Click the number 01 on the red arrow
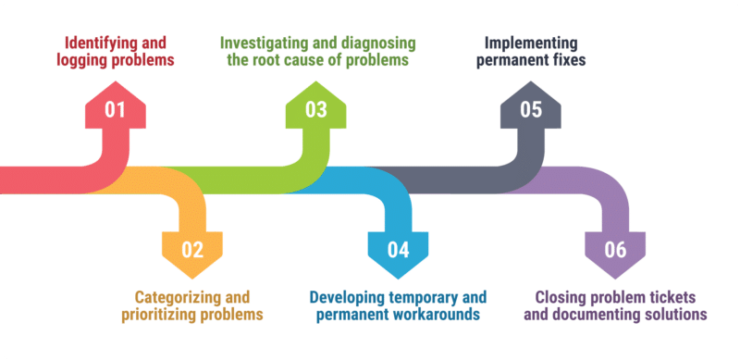tap(115, 110)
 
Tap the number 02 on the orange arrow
tap(191, 249)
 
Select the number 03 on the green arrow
tap(316, 110)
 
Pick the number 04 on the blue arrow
tap(398, 249)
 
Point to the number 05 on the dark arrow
tap(531, 110)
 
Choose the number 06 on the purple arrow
tap(615, 249)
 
